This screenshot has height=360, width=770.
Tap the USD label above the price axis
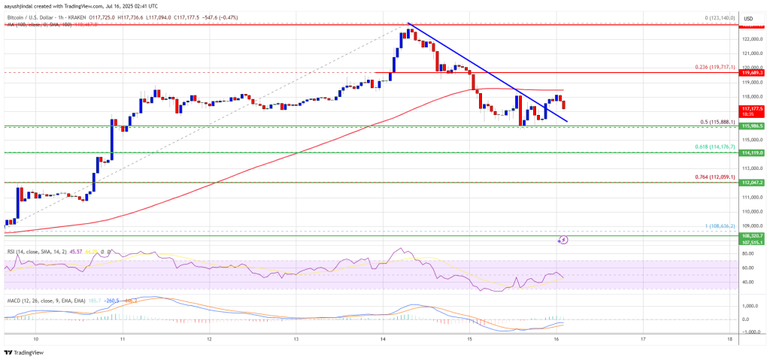(x=748, y=19)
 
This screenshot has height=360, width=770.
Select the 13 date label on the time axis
(x=297, y=340)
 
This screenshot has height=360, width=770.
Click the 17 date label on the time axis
(x=644, y=340)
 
